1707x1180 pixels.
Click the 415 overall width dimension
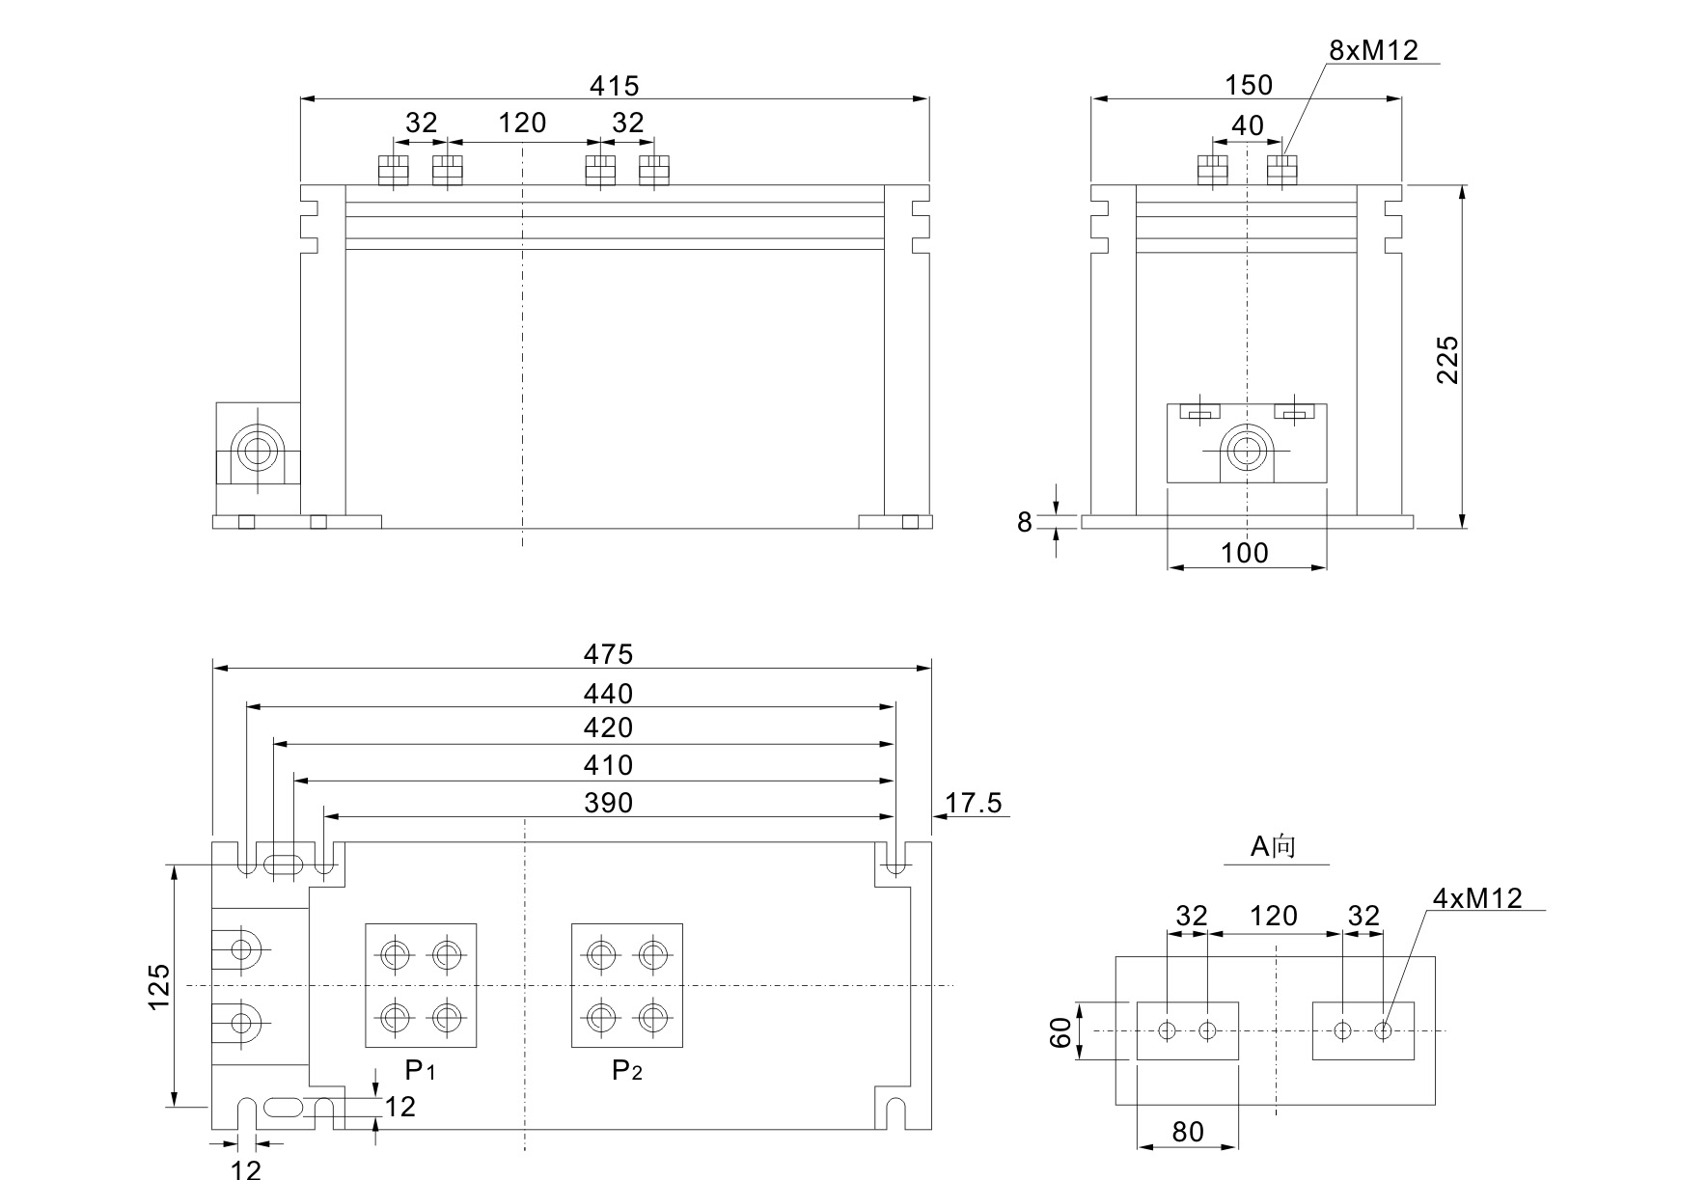[614, 86]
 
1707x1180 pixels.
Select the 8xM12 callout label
[1373, 50]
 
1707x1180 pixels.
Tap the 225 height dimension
[1447, 360]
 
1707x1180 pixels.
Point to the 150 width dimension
[1249, 85]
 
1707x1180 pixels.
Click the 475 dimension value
[608, 654]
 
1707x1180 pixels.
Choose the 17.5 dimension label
[974, 803]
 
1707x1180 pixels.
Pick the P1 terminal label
[420, 1070]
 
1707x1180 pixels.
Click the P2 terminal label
[626, 1070]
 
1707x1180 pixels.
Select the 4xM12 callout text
[1476, 898]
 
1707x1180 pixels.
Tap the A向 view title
[1274, 846]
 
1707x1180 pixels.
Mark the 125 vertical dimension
[159, 986]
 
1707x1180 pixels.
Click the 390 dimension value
[608, 803]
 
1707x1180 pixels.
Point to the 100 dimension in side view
[1245, 553]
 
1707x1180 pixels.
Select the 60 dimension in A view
[1060, 1031]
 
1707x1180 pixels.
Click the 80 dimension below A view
[1188, 1132]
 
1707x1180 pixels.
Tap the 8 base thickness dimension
[1025, 522]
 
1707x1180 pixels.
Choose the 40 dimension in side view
[1247, 125]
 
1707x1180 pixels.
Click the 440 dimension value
[608, 694]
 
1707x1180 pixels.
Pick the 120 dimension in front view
[522, 123]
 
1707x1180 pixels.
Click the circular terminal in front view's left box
[258, 451]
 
